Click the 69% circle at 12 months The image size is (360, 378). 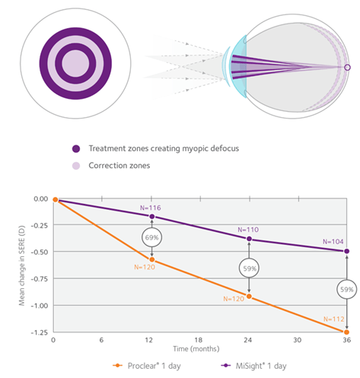151,237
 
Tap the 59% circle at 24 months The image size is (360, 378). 249,268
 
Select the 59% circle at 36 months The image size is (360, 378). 347,289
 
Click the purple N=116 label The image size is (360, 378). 151,208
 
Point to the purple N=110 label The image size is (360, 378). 248,230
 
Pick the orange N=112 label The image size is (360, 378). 333,319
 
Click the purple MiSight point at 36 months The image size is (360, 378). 346,251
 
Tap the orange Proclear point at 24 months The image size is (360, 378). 249,297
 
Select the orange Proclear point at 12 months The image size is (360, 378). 152,259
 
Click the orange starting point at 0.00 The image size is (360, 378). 56,199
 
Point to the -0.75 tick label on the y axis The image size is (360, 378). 40,279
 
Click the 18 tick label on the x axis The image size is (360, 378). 199,340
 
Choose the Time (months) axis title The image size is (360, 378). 196,349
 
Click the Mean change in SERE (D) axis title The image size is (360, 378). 22,265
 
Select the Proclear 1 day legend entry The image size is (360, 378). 147,366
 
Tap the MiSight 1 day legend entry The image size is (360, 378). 253,366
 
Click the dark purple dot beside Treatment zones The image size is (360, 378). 76,149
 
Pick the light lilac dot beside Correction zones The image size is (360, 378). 76,166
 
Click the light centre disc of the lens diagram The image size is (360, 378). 75,63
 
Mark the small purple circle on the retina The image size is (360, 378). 348,68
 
